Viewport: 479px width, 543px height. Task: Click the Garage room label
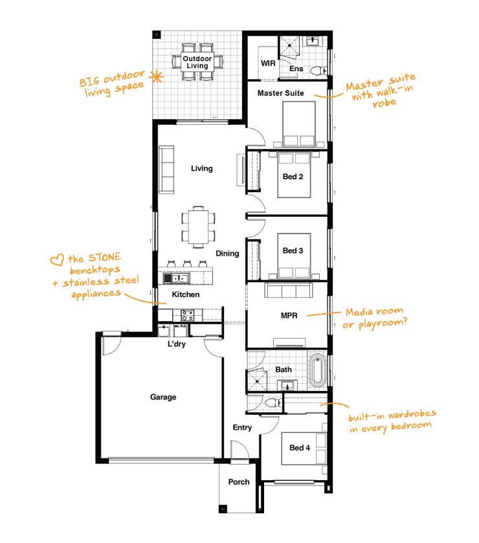click(163, 397)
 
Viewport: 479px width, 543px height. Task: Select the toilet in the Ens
click(318, 71)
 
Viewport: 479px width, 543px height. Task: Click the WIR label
click(268, 63)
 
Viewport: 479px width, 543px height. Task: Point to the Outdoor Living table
click(197, 62)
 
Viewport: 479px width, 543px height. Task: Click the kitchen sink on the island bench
click(176, 278)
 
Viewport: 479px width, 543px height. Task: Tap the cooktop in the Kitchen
click(187, 315)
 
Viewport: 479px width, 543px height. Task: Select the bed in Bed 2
click(294, 175)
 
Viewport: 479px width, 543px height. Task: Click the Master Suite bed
click(299, 124)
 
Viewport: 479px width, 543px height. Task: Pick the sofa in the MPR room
click(289, 290)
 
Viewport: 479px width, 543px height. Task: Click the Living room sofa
click(166, 170)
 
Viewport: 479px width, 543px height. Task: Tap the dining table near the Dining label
click(199, 227)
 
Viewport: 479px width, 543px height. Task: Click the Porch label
click(239, 482)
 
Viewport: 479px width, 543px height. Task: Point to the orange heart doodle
click(57, 260)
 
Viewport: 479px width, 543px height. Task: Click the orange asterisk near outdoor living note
click(157, 76)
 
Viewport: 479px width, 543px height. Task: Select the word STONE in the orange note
click(105, 258)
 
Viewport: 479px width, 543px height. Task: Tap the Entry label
click(242, 428)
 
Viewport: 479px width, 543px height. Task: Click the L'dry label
click(177, 344)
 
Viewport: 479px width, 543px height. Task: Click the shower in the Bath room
click(256, 381)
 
